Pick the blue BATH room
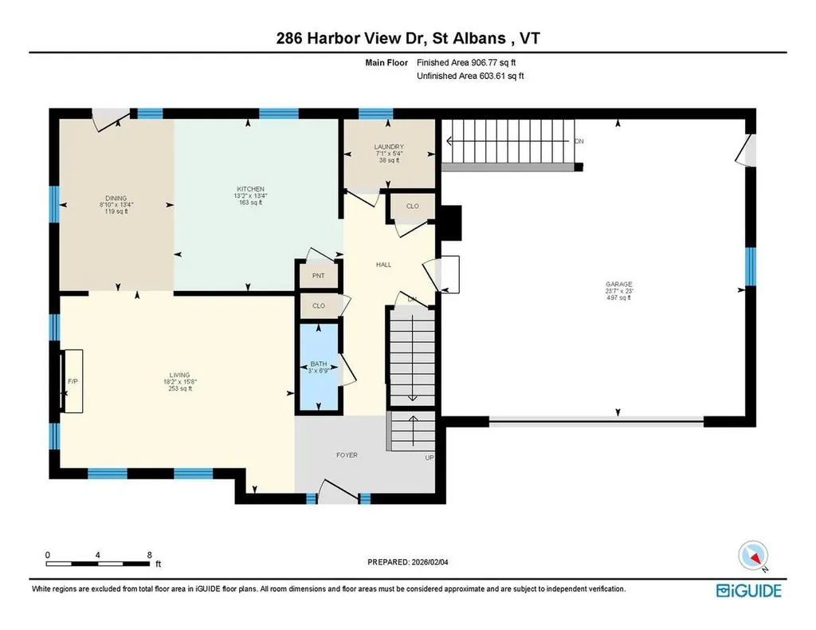[x=319, y=368]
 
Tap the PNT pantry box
[x=318, y=275]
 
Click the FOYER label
[x=347, y=455]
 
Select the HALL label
[x=384, y=265]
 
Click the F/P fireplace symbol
[x=71, y=381]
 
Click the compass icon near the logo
[x=753, y=556]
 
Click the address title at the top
[x=407, y=38]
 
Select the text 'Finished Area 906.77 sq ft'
[x=470, y=62]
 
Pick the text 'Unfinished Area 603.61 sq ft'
[x=470, y=77]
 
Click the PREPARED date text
[x=414, y=562]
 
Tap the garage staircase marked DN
[x=510, y=141]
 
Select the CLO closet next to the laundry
[x=412, y=207]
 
